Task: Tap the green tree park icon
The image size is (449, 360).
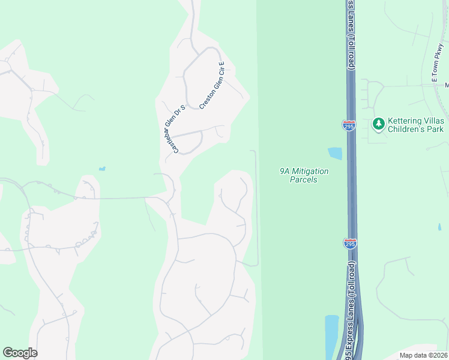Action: pos(378,124)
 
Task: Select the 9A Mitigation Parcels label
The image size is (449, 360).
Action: pos(304,175)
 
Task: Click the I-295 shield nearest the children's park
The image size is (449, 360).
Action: pos(349,125)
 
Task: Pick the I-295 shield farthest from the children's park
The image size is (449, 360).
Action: pos(350,243)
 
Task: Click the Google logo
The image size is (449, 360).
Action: pos(20,353)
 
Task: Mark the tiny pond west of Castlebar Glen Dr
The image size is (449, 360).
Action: pos(102,169)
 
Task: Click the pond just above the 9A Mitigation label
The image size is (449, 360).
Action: pos(335,154)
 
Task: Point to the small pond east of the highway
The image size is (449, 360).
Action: pos(439,227)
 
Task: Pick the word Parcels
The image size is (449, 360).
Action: pos(303,179)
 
